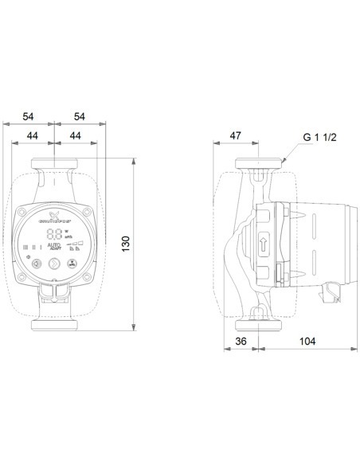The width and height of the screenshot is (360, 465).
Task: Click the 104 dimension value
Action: (307, 341)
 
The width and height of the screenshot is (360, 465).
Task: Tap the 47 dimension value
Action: (236, 136)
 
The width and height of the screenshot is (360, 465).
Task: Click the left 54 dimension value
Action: (29, 116)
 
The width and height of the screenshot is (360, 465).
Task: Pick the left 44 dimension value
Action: (34, 136)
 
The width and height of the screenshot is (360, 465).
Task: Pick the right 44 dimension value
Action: (73, 136)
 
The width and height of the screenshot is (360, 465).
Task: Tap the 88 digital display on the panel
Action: (54, 235)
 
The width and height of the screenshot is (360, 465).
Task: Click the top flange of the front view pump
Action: (54, 169)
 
